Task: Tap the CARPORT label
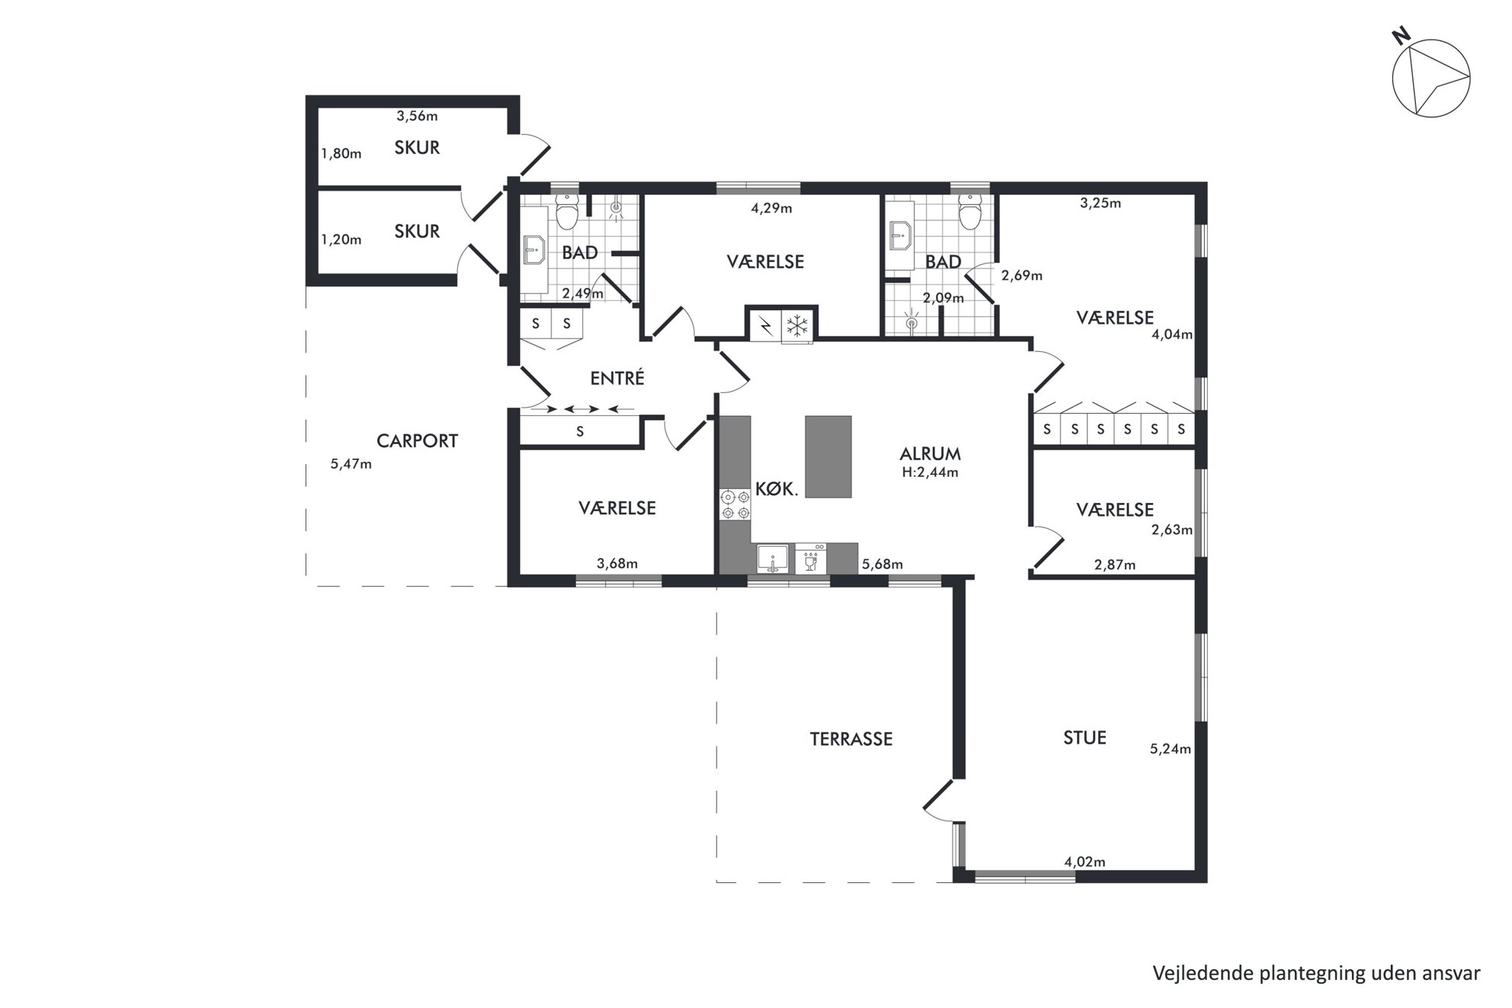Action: click(417, 441)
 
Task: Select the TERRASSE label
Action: click(850, 739)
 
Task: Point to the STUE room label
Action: click(1084, 738)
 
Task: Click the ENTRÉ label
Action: click(617, 378)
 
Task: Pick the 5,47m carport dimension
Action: click(351, 464)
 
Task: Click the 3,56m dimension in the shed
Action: click(417, 117)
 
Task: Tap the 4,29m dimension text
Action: click(771, 208)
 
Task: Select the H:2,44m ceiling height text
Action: click(930, 472)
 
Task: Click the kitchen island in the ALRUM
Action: click(828, 456)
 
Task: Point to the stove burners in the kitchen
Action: click(735, 505)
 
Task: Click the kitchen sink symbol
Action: click(773, 559)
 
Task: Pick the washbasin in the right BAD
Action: click(901, 236)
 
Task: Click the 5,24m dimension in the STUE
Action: click(1170, 749)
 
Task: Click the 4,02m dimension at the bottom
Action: click(1084, 862)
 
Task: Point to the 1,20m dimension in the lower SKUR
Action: click(341, 240)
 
